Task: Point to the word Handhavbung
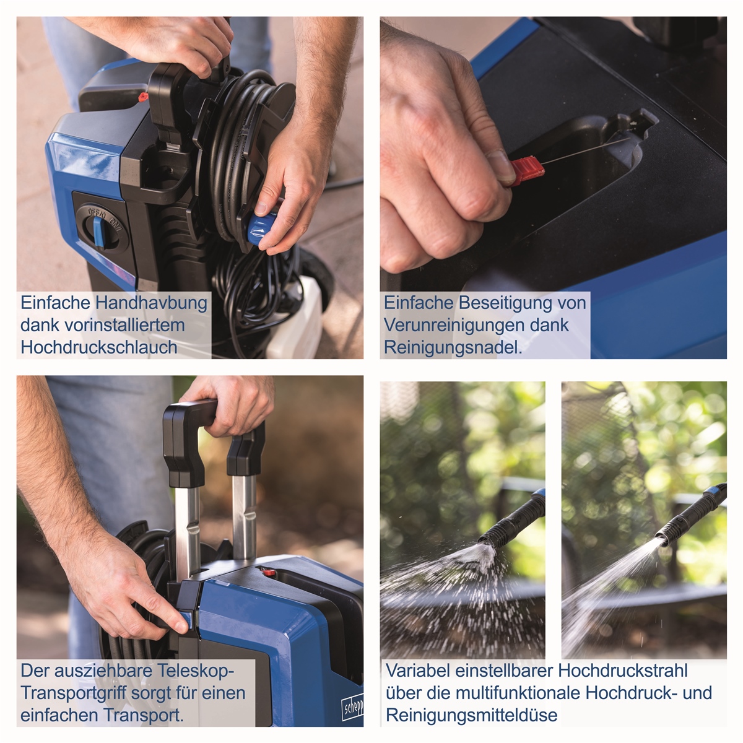click(x=151, y=303)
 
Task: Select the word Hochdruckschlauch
click(x=98, y=347)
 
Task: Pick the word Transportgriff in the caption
click(x=73, y=692)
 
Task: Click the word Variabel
click(x=418, y=671)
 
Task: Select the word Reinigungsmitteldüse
click(x=472, y=715)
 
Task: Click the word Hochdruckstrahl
click(x=623, y=671)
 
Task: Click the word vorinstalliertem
click(x=124, y=324)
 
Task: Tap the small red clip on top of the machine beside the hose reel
click(x=143, y=97)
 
